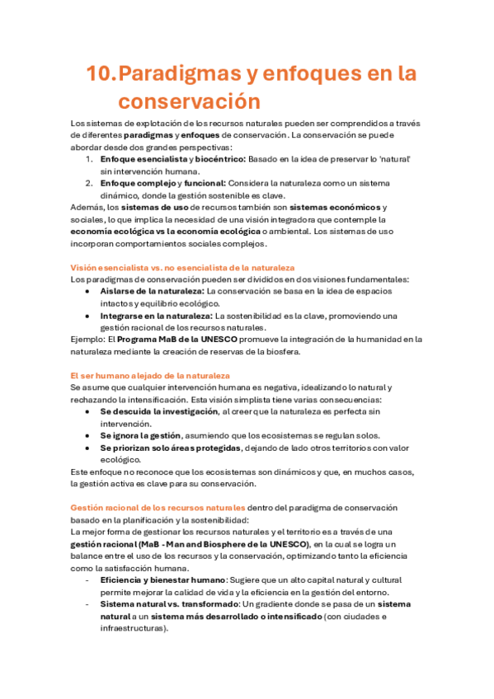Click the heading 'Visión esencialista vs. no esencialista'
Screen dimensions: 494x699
[x=182, y=268]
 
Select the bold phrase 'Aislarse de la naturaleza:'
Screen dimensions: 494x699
[x=153, y=291]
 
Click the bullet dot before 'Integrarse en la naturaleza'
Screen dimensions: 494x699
[x=89, y=316]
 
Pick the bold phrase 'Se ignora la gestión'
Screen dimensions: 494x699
[x=139, y=435]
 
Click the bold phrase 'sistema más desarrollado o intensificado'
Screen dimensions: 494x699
[x=234, y=616]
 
